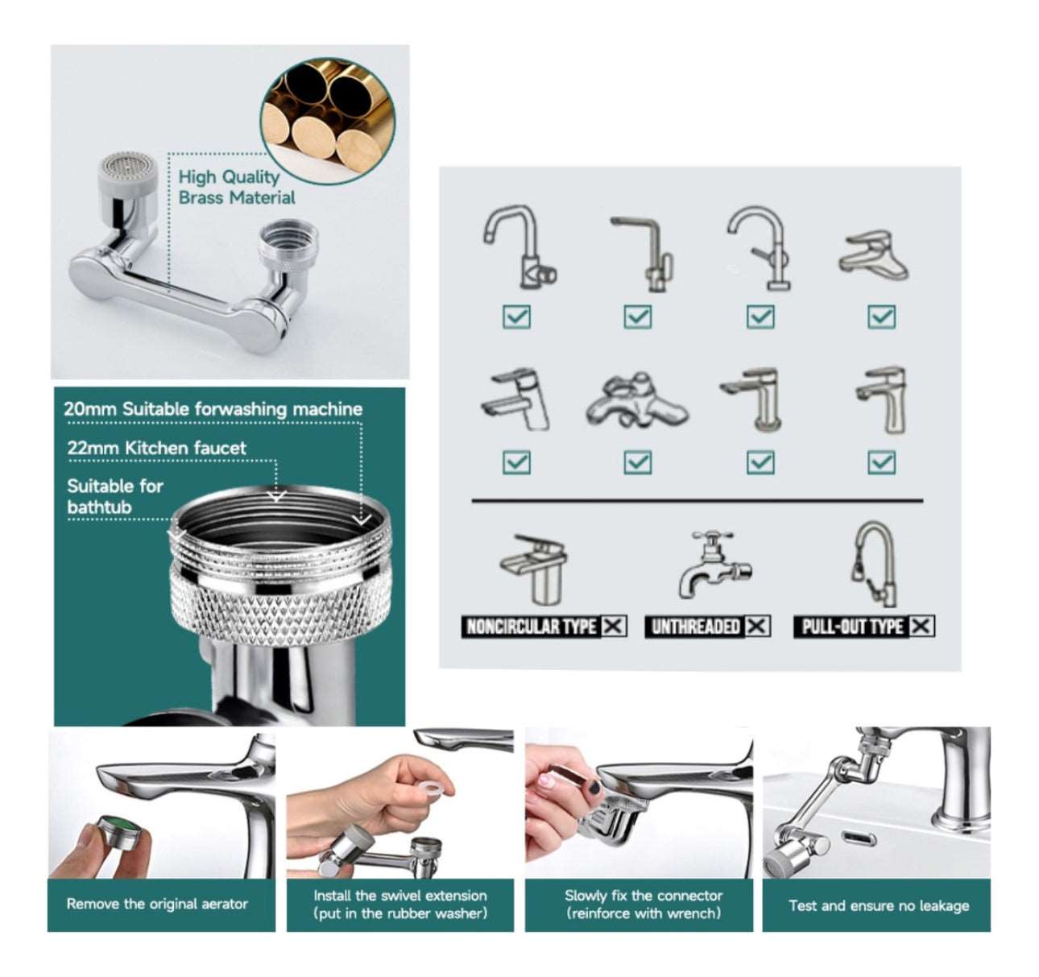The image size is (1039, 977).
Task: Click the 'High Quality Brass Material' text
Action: tap(237, 188)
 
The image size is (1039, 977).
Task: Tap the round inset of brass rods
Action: tap(328, 120)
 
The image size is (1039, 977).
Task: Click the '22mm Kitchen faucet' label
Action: tap(156, 448)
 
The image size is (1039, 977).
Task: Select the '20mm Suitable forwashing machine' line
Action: tap(213, 408)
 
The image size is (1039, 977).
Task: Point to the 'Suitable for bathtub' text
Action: tap(115, 497)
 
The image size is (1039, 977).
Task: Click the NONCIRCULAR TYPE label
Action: tap(531, 627)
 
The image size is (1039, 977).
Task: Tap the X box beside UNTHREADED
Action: tap(757, 627)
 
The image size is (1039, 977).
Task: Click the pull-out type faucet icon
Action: tap(872, 564)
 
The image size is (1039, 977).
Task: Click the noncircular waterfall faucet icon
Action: tap(534, 569)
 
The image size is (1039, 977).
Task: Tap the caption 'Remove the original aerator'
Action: tap(157, 904)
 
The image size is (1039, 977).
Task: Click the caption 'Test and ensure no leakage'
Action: tap(879, 905)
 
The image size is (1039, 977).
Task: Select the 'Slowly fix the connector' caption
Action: tap(644, 896)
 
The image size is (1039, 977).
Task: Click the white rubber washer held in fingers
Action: tap(433, 788)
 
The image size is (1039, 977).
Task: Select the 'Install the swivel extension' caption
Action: tap(400, 896)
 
